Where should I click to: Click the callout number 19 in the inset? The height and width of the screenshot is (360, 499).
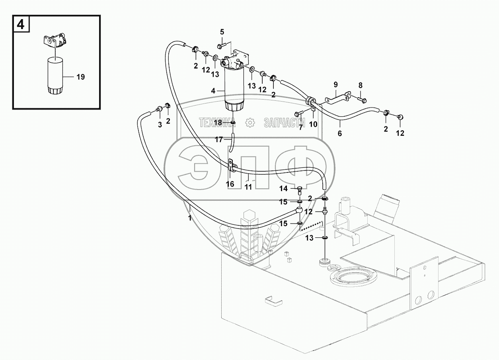pos(80,77)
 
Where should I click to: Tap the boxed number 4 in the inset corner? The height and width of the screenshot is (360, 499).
pos(20,25)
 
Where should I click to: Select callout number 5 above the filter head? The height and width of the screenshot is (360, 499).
pos(222,31)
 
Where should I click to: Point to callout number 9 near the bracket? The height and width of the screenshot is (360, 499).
pos(335,84)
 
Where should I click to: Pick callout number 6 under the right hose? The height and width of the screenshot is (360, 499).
pos(339,134)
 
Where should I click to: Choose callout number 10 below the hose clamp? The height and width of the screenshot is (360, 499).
pos(313,124)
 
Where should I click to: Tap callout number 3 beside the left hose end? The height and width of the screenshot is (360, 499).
pos(160,125)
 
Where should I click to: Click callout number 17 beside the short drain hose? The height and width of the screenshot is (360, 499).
pos(219,139)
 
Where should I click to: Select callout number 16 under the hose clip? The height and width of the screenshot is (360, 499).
pos(230,184)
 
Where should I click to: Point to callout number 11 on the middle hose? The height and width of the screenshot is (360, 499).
pos(248,186)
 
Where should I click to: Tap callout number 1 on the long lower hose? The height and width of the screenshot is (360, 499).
pos(190,218)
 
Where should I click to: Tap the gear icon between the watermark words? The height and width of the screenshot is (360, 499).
pos(250,123)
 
